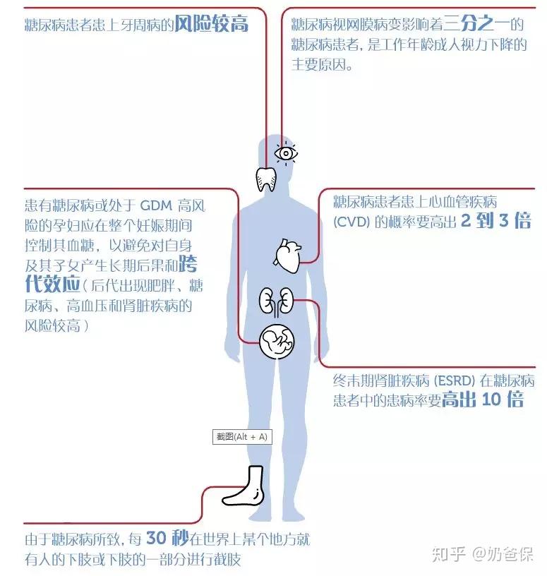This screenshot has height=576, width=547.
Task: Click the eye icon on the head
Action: (x=285, y=152)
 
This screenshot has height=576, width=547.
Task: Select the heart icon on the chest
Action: (x=287, y=256)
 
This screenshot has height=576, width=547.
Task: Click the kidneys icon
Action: (x=276, y=301)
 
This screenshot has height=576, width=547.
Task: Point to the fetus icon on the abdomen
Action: (x=276, y=343)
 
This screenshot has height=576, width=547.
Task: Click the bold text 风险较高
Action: (x=212, y=25)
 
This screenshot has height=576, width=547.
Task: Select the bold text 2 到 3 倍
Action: (x=495, y=222)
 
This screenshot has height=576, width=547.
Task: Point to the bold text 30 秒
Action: (x=167, y=539)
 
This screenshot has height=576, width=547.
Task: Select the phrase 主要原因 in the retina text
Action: (x=322, y=65)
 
